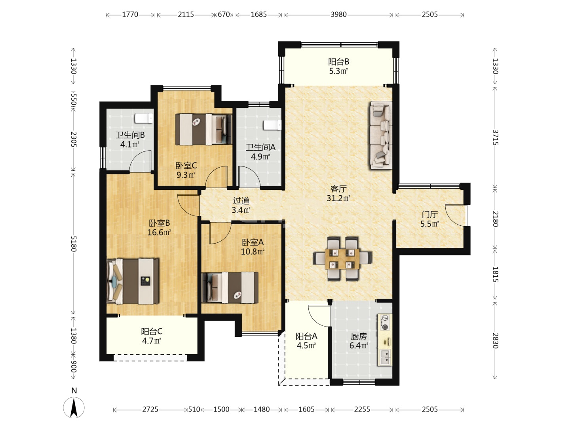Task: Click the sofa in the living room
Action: coord(381,135)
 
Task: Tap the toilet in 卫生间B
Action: coord(144,119)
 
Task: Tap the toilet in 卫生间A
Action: coord(272,125)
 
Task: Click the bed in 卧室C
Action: coord(203,129)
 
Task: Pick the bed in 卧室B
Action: coord(133,281)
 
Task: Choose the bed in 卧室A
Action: coord(230,287)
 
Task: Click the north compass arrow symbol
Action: coord(74,407)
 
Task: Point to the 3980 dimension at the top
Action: coord(338,15)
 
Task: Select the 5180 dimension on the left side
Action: coord(74,244)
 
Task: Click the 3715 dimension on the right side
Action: coord(496,138)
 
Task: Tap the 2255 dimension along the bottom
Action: coord(362,409)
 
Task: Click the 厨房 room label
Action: coord(359,336)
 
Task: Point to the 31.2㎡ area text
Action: coord(338,198)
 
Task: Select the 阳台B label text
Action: coord(338,62)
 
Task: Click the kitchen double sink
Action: coord(385,357)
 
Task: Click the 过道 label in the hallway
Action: coord(241,200)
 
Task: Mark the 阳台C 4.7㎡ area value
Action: coord(152,341)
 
